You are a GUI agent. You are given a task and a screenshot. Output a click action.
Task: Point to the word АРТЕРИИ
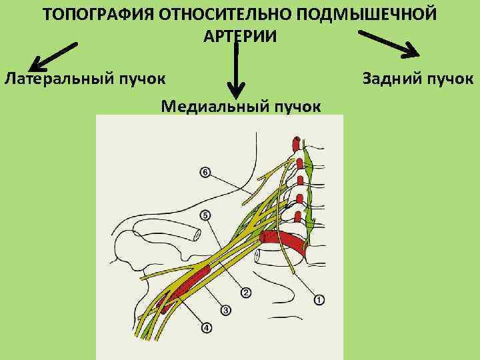tap(239, 36)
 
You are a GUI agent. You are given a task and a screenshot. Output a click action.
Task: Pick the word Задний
tap(392, 79)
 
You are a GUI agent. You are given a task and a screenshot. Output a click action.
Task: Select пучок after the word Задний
tap(449, 79)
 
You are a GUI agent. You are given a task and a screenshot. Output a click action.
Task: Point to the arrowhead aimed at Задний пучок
tap(414, 53)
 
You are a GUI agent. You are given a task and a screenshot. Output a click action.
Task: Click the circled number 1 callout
tap(319, 300)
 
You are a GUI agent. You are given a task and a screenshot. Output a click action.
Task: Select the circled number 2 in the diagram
tap(246, 293)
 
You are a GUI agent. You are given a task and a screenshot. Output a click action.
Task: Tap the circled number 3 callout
tap(225, 310)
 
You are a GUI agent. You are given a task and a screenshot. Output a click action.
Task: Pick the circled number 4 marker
tap(206, 328)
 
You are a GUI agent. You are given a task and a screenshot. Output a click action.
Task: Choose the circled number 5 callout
tap(205, 215)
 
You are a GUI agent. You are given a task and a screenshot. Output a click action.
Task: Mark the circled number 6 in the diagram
tap(205, 173)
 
